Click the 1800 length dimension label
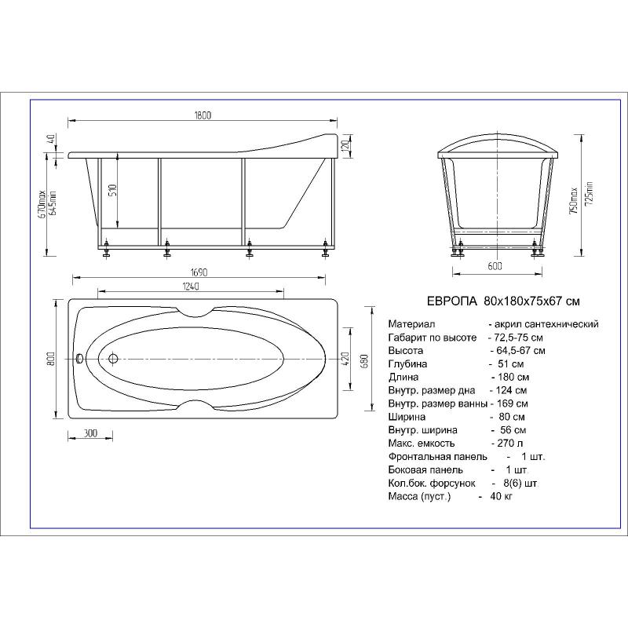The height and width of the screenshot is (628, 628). coord(203,115)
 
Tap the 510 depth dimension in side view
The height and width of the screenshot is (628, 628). coord(112,190)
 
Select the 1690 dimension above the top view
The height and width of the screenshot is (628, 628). coord(199,272)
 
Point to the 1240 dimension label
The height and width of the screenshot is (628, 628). coord(191,287)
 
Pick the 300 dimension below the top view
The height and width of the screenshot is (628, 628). coord(91,433)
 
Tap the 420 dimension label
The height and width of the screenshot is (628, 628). coord(346,359)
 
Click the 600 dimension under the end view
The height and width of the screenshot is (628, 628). coord(495,266)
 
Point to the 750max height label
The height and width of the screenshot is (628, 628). coord(573,200)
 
